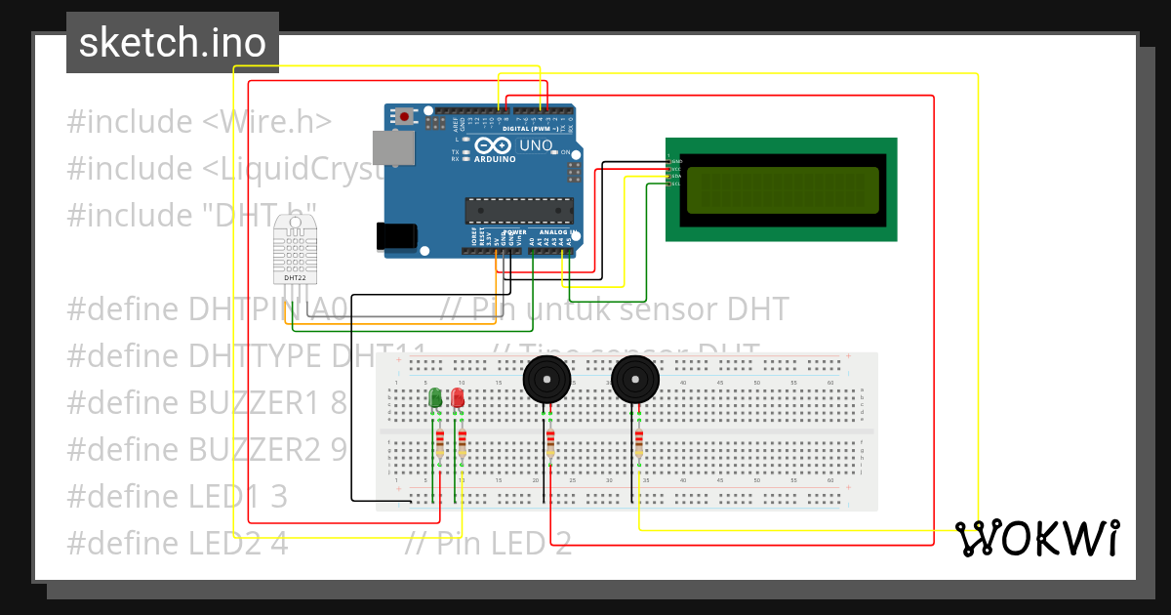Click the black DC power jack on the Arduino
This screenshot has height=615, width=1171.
pyautogui.click(x=397, y=235)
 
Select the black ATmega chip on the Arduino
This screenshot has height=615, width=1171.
pyautogui.click(x=518, y=210)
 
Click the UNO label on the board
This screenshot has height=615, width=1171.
pyautogui.click(x=536, y=145)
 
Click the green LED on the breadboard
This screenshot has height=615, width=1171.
pyautogui.click(x=435, y=397)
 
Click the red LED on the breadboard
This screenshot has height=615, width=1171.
pyautogui.click(x=458, y=397)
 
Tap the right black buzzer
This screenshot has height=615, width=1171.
pyautogui.click(x=635, y=379)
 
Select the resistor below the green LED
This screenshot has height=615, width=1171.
pyautogui.click(x=439, y=443)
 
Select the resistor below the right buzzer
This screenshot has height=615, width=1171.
pyautogui.click(x=638, y=443)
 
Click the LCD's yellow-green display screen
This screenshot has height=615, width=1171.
pyautogui.click(x=782, y=189)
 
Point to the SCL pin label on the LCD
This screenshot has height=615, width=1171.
pyautogui.click(x=675, y=184)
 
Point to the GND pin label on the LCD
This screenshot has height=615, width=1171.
pyautogui.click(x=676, y=160)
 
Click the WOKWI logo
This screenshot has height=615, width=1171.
pyautogui.click(x=1036, y=538)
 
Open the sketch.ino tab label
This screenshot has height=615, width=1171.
pyautogui.click(x=173, y=43)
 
